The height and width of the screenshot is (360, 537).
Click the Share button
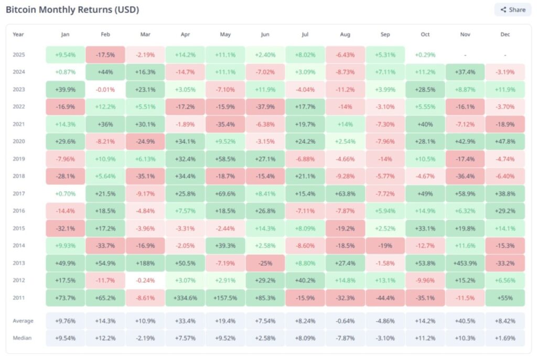[512, 9]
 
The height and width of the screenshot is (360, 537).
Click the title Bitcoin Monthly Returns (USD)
[72, 10]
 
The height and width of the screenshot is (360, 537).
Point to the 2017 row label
[19, 193]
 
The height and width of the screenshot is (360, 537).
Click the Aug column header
[345, 35]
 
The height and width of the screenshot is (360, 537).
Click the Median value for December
[504, 338]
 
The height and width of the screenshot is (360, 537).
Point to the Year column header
[18, 35]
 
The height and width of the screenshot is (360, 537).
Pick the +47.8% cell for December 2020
[504, 141]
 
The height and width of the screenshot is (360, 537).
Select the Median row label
[22, 338]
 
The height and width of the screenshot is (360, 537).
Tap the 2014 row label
[19, 246]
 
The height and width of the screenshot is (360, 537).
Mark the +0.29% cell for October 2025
[425, 54]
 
